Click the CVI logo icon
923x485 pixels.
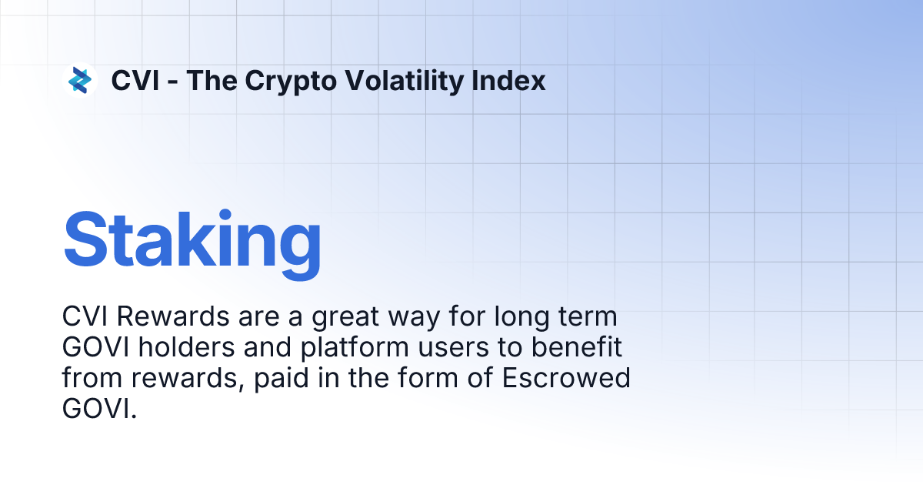coord(80,80)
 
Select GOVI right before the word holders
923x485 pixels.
coord(95,348)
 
